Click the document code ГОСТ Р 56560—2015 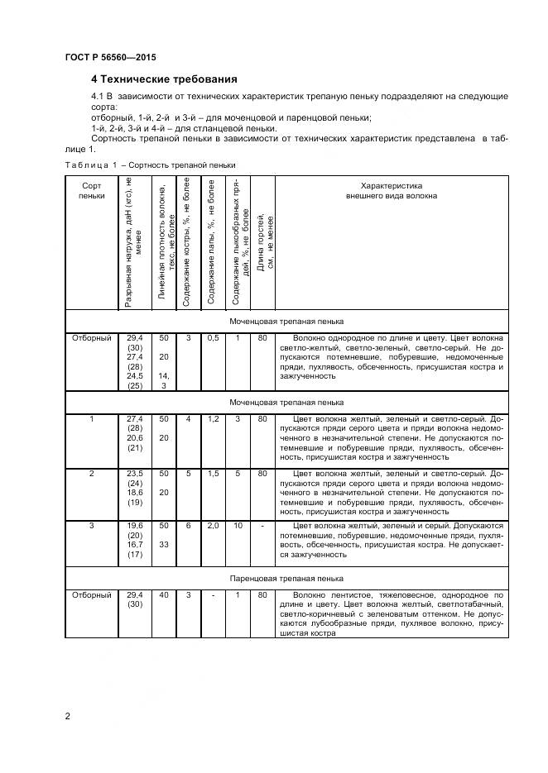(x=110, y=57)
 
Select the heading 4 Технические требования (x=164, y=79)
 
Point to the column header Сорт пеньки (x=92, y=192)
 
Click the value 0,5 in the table (x=213, y=338)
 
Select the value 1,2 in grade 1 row (x=213, y=419)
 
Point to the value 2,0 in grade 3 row (x=213, y=525)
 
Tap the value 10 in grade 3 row (x=238, y=525)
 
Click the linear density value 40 (x=164, y=594)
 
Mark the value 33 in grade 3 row (x=164, y=546)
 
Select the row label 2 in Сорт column (x=92, y=473)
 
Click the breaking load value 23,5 (x=135, y=473)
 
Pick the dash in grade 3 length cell (x=262, y=525)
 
